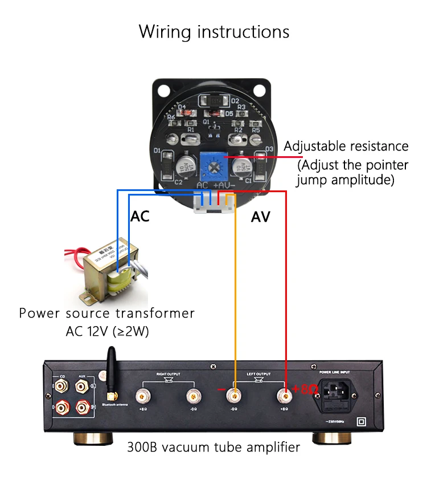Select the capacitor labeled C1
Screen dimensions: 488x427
[243, 166]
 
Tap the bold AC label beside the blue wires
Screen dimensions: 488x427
[140, 217]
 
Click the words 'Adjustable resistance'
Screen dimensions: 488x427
[346, 147]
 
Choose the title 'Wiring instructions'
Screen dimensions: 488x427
[213, 31]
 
